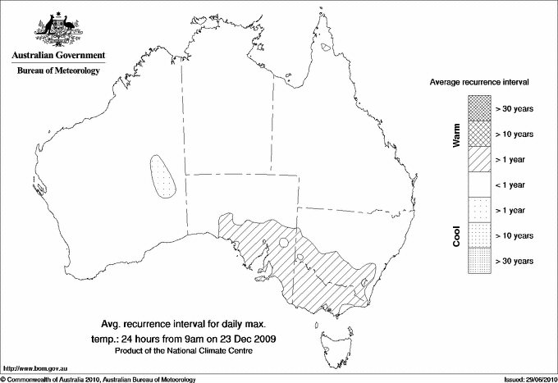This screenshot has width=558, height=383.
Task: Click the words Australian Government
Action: coord(57,56)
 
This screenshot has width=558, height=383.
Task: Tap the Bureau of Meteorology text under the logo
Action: coord(57,71)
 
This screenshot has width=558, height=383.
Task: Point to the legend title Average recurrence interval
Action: coord(479,83)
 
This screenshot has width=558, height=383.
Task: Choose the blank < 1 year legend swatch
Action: coord(479,185)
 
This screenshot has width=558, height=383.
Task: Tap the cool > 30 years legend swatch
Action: coord(479,261)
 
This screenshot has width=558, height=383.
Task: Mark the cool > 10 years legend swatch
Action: coord(479,235)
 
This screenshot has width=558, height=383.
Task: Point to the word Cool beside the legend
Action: coord(456,235)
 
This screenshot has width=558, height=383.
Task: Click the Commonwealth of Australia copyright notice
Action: coord(98,378)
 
